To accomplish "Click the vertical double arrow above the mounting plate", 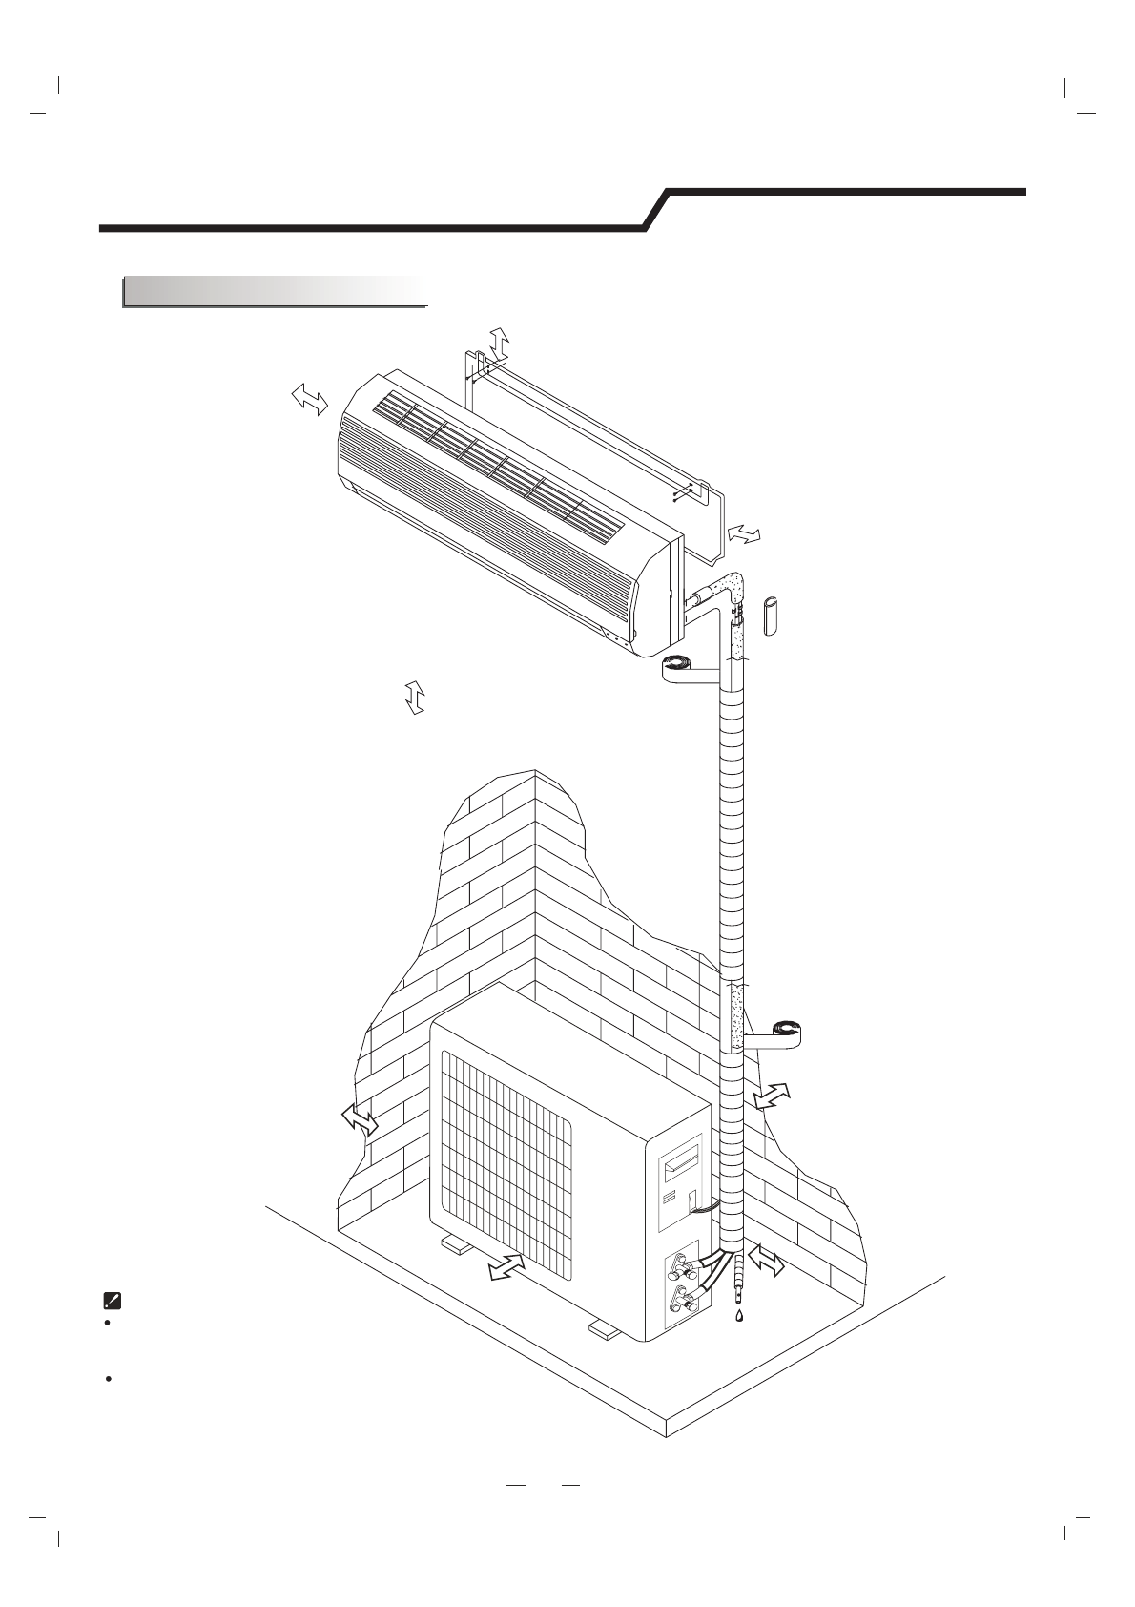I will [x=499, y=341].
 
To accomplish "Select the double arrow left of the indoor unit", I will [x=310, y=399].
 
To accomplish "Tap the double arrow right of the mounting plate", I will [x=744, y=535].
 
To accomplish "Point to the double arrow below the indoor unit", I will [x=414, y=698].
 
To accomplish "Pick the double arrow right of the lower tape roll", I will [x=771, y=1096].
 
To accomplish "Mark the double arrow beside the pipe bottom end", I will [x=766, y=1261].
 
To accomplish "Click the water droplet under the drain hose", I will [x=738, y=1314].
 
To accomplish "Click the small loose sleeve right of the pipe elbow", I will [x=773, y=616].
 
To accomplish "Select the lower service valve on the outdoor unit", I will [x=684, y=1301].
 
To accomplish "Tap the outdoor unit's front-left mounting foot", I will [x=457, y=1244].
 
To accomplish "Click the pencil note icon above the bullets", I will [x=111, y=1299].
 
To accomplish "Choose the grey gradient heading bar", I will [x=274, y=291].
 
